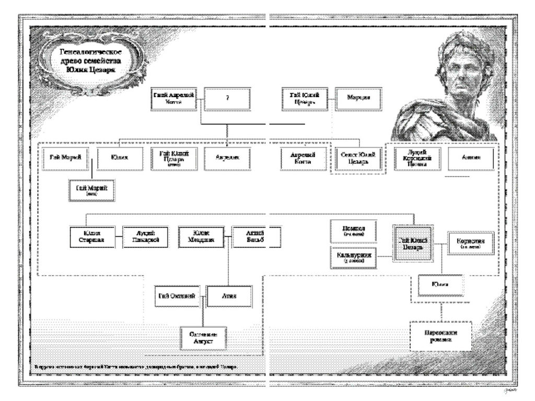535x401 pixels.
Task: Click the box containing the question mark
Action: [x=227, y=98]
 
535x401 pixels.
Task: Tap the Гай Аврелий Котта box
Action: [x=174, y=98]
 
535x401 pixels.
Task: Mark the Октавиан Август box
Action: [x=203, y=337]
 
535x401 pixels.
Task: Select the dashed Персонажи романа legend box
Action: [x=441, y=335]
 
